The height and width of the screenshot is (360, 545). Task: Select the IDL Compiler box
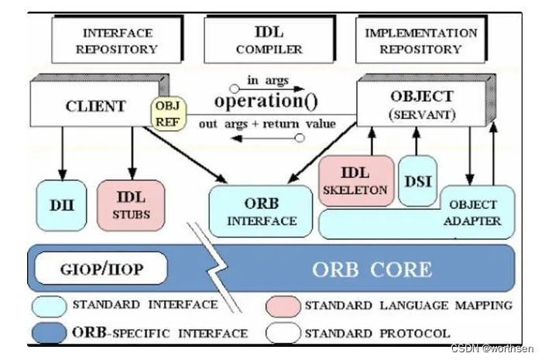269,41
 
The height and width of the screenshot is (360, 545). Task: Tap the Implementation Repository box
421,41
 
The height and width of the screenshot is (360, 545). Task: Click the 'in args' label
263,81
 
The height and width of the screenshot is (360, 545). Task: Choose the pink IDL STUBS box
132,205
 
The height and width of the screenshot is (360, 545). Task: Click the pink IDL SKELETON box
356,180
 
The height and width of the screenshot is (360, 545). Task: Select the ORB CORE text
372,270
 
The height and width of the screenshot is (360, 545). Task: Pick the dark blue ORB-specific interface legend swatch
50,333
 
